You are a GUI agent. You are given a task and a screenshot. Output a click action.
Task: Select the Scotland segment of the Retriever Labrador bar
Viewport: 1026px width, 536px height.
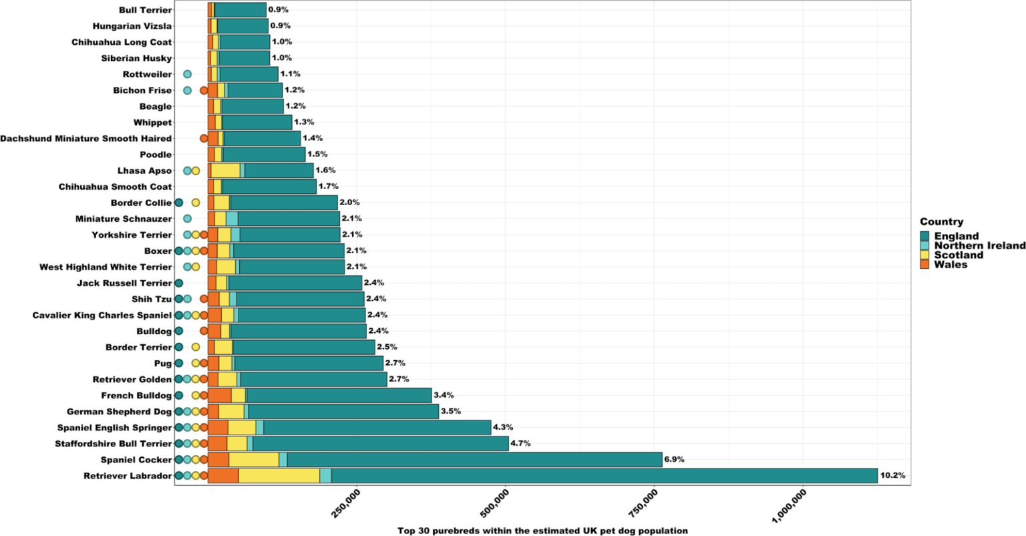279,476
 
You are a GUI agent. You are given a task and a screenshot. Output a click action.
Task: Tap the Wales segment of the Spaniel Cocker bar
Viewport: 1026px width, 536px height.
218,460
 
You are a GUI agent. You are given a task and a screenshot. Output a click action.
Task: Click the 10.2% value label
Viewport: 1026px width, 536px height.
892,476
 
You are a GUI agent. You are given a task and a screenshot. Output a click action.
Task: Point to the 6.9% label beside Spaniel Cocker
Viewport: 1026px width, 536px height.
674,460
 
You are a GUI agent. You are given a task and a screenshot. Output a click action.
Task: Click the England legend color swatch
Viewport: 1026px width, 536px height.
924,236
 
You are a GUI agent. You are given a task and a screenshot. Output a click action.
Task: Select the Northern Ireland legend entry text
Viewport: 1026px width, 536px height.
979,245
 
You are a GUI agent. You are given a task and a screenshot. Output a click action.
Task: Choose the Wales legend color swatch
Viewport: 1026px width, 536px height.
924,265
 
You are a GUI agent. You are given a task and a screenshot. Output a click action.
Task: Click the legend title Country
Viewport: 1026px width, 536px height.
941,222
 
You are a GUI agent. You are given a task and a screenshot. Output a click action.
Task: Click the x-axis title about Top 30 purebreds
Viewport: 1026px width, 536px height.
542,531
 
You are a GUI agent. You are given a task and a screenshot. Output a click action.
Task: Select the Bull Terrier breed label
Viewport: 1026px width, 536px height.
145,10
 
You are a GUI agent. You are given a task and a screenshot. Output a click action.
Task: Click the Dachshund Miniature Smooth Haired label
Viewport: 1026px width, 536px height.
86,138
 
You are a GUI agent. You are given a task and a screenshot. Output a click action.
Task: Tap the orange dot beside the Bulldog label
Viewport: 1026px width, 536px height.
204,331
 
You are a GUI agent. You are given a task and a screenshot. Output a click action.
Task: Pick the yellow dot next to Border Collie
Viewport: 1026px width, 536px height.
196,203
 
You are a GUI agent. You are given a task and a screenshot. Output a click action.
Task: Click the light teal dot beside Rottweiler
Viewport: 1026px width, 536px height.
187,74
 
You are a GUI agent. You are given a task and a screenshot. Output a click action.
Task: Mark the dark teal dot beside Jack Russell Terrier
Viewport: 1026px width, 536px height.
179,283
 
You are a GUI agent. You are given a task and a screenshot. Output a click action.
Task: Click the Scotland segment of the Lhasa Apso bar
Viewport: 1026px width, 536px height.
225,170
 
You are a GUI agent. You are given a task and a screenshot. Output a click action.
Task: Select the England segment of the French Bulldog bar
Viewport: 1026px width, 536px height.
339,396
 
